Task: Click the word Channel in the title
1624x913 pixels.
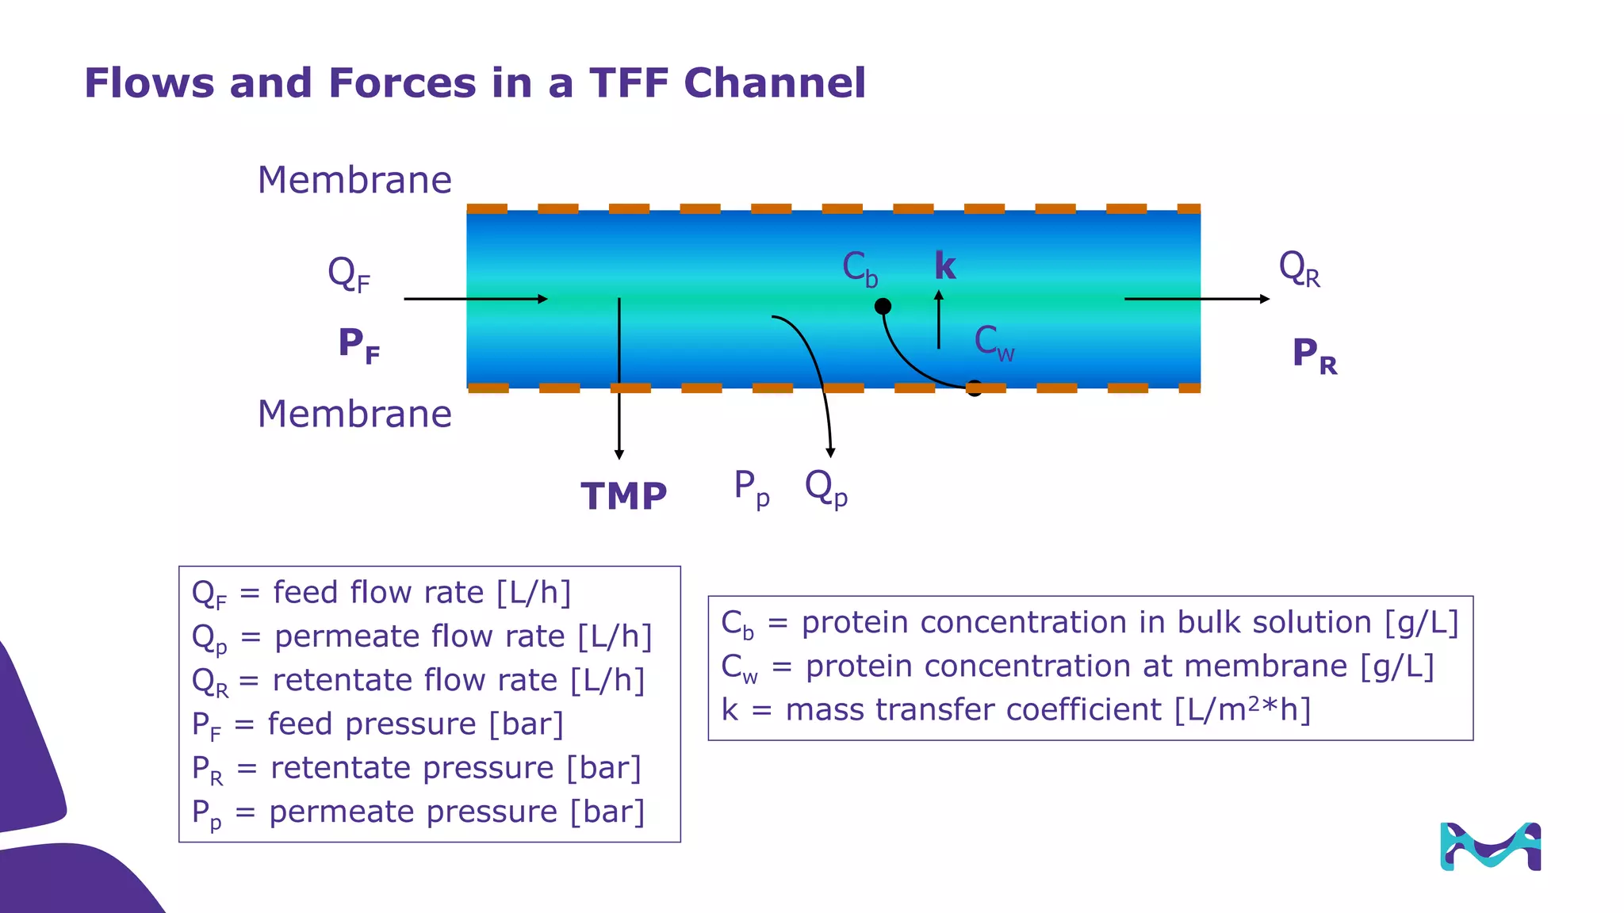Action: point(774,83)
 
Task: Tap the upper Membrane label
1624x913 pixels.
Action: point(354,181)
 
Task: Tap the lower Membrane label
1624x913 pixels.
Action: point(354,414)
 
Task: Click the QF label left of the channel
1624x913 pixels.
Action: point(348,274)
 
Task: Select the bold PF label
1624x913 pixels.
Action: point(358,346)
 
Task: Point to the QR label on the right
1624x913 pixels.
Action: point(1299,269)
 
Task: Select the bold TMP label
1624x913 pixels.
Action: point(623,497)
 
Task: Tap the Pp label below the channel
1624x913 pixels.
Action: point(751,487)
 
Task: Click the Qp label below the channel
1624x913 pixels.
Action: point(825,487)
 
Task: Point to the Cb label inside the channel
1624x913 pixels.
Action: point(860,269)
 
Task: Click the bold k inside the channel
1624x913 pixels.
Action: point(944,266)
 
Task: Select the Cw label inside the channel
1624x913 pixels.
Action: point(994,343)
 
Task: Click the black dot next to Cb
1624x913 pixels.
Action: point(883,306)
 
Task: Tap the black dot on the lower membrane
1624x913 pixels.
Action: point(975,388)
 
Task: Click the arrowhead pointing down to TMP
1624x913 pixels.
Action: point(619,454)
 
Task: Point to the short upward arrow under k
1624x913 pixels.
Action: point(939,319)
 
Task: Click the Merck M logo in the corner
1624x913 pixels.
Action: point(1490,846)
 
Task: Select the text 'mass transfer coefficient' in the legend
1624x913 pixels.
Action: point(973,710)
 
